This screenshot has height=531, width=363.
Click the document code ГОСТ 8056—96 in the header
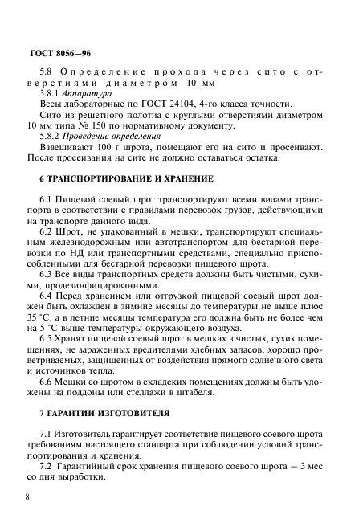(56, 55)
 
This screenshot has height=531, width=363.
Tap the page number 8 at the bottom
(28, 499)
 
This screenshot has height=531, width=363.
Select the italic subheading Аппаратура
(88, 93)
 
